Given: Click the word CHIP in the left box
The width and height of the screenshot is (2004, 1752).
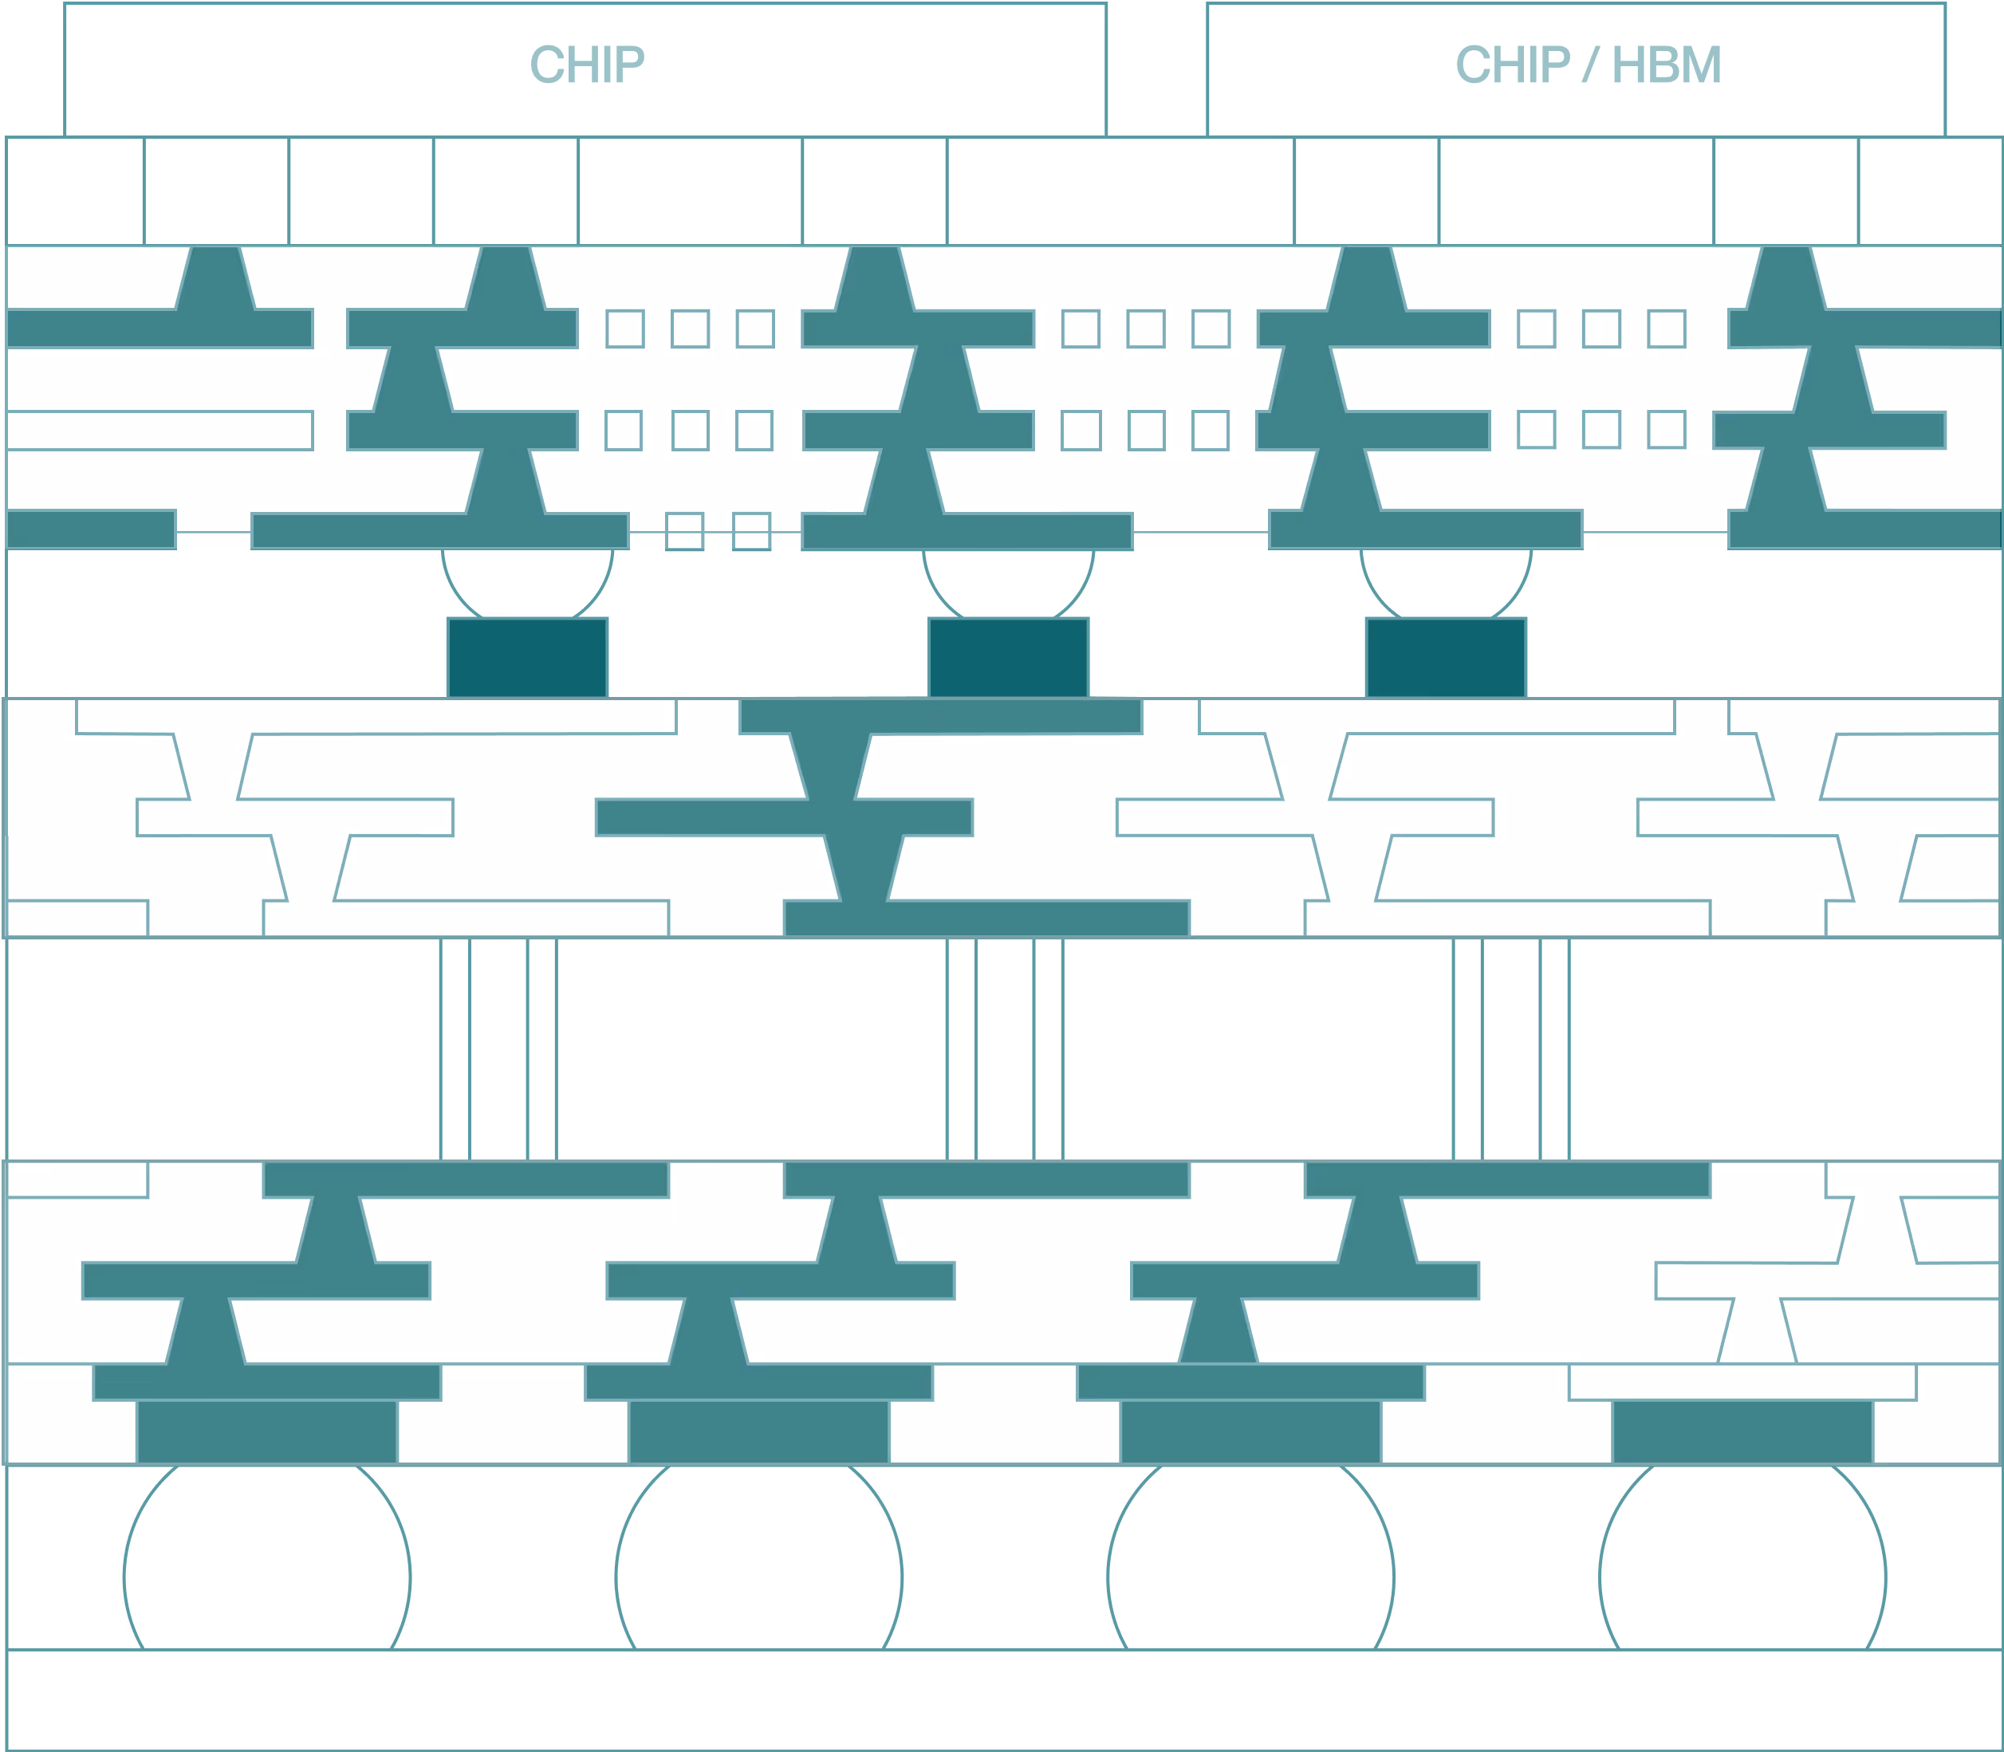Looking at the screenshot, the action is tap(587, 65).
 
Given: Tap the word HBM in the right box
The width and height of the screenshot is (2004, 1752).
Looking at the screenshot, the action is tap(1666, 65).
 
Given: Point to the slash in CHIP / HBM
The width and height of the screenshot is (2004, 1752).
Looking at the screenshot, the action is tap(1590, 65).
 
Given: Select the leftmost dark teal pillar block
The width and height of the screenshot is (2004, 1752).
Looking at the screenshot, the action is tap(527, 657).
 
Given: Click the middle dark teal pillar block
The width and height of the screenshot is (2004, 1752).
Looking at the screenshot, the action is tap(1008, 657).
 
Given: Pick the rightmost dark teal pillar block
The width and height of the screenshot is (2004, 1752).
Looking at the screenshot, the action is tap(1446, 657).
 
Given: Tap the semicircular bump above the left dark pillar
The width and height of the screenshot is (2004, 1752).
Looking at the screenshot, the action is tap(527, 583).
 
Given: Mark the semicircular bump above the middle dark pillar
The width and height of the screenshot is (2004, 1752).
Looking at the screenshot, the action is tap(1008, 583).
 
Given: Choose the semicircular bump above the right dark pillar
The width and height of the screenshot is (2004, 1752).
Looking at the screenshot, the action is tap(1446, 583).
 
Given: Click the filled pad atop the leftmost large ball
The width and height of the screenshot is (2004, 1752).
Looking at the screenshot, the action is tap(267, 1431).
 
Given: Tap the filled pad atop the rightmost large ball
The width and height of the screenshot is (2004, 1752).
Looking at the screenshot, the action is tap(1742, 1431).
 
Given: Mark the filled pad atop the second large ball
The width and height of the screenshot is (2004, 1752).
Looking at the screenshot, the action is tap(758, 1431).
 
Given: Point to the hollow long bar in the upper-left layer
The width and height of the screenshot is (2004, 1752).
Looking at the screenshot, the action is tap(159, 430).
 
